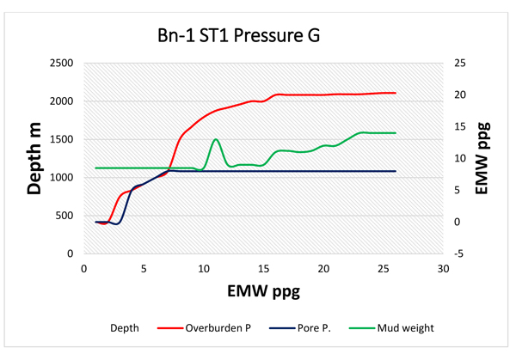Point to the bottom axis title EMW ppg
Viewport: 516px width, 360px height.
[263, 292]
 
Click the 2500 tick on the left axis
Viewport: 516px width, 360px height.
[60, 64]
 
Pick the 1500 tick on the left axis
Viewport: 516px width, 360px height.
[60, 139]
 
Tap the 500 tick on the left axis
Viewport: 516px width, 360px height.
[64, 216]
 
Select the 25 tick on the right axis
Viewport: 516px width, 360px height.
[461, 64]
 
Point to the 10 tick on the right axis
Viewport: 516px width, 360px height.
[461, 158]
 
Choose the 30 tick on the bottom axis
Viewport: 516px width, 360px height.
[443, 269]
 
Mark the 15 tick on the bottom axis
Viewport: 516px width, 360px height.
[263, 269]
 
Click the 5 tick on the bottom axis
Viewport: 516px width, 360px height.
[144, 269]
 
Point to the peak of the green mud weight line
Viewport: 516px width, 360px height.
[215, 139]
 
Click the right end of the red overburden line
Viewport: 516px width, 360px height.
[395, 93]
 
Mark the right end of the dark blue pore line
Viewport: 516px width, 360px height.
[395, 171]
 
